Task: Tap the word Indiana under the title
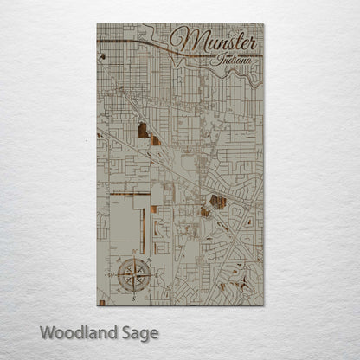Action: pyautogui.click(x=232, y=61)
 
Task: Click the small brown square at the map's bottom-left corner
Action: pyautogui.click(x=102, y=302)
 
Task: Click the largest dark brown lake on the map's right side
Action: pyautogui.click(x=218, y=202)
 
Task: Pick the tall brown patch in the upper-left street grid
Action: pyautogui.click(x=142, y=131)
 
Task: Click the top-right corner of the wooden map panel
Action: pyautogui.click(x=263, y=24)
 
